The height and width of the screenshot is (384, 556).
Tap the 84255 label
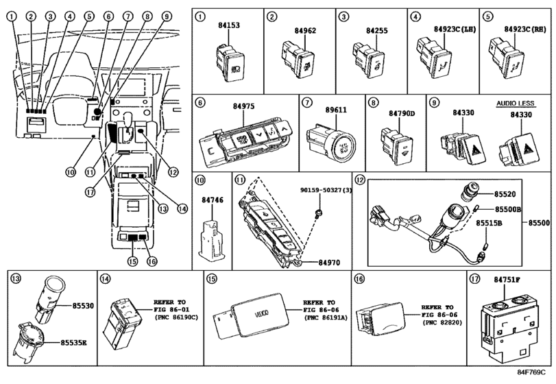[376, 31]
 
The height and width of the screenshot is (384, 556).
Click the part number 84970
[332, 261]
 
